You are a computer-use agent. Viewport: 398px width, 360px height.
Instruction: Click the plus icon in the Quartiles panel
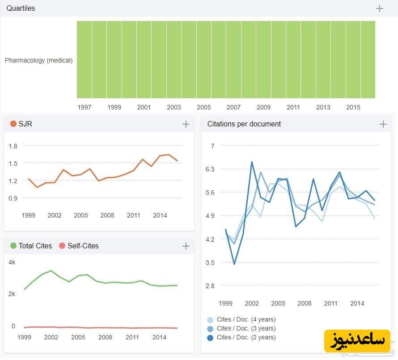380,8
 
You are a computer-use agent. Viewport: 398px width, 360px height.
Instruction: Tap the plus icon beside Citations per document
383,124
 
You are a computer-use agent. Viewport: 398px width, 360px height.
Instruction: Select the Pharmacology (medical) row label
38,60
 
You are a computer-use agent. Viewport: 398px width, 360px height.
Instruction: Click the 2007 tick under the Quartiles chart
233,107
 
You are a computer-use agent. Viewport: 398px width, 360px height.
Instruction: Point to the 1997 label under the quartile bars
84,107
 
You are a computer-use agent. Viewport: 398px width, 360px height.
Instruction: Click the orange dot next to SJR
13,124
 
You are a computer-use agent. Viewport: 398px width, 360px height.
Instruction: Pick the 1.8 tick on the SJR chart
13,146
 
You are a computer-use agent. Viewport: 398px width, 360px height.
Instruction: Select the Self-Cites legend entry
83,246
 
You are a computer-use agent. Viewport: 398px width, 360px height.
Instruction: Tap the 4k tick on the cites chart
12,262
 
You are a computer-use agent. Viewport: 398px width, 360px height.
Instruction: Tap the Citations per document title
244,124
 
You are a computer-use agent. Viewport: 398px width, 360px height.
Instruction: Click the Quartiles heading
21,8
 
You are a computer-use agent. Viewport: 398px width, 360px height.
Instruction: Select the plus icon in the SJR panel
186,124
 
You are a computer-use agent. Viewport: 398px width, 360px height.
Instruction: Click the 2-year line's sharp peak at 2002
252,162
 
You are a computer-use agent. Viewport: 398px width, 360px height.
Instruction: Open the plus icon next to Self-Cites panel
186,246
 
